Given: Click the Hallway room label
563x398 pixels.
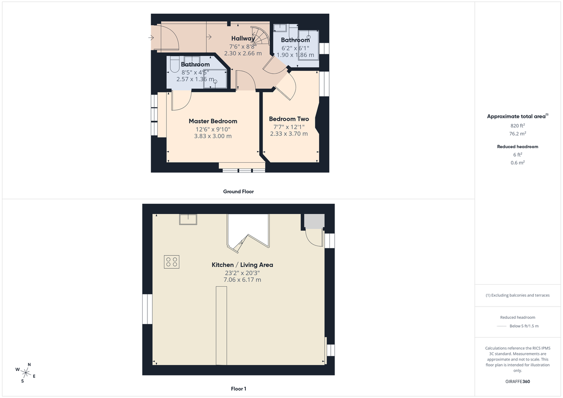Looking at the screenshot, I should click(x=243, y=38).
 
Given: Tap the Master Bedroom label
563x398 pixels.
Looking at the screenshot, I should click(x=213, y=121).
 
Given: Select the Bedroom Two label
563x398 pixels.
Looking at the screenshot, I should click(x=289, y=119).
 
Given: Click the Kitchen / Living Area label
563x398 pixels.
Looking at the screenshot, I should click(x=242, y=265).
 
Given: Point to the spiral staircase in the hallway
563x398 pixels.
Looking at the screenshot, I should click(x=259, y=35).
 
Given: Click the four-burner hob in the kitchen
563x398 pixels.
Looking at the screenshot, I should click(x=171, y=262).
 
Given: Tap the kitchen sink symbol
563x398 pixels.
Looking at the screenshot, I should click(x=188, y=219).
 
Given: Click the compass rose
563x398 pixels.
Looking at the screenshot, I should click(x=26, y=373).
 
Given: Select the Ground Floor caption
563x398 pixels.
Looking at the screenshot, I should click(x=238, y=191).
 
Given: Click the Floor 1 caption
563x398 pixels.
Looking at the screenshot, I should click(x=238, y=389).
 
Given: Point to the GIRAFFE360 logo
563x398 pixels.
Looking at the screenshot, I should click(x=517, y=382).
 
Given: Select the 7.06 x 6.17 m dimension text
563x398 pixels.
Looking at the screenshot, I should click(x=242, y=280).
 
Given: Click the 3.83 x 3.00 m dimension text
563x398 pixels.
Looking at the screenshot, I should click(x=213, y=136).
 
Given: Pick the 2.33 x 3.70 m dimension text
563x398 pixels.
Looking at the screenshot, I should click(x=289, y=134).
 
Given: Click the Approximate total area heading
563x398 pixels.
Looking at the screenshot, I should click(x=517, y=116).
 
